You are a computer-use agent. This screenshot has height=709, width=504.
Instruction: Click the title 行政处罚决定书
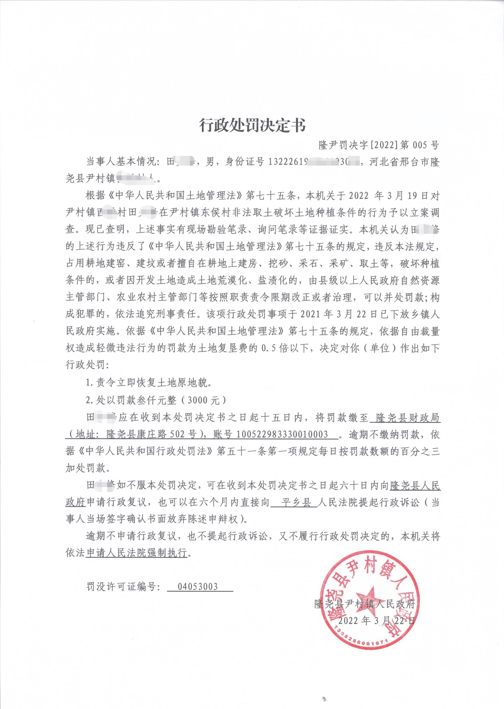pyautogui.click(x=252, y=125)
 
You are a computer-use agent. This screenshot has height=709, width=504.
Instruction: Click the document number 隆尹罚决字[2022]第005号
pyautogui.click(x=379, y=145)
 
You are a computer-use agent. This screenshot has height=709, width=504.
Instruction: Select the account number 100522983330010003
pyautogui.click(x=282, y=434)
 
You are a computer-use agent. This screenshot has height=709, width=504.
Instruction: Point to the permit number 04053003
pyautogui.click(x=198, y=587)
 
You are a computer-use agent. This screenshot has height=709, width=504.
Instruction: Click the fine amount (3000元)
pyautogui.click(x=207, y=400)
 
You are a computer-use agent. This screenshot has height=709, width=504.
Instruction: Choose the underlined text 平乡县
pyautogui.click(x=294, y=502)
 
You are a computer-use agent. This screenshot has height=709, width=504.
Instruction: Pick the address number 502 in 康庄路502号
pyautogui.click(x=177, y=434)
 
